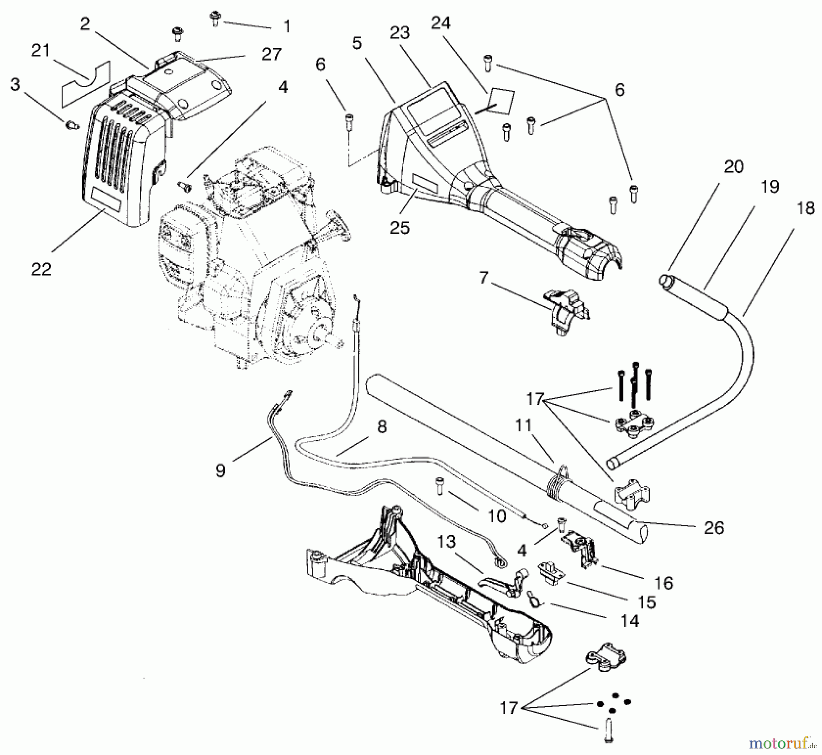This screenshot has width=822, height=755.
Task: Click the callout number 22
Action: pos(41,269)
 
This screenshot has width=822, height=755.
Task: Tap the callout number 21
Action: pos(40,50)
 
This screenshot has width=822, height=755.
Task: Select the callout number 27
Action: pos(271,54)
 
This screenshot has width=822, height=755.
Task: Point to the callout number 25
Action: pos(400,227)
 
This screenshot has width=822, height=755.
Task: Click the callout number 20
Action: pos(733,167)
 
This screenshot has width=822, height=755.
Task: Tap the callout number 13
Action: pos(446,542)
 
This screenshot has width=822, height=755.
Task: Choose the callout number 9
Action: pos(221,470)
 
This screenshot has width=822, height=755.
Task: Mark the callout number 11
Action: pos(523,425)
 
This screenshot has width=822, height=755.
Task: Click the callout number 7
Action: pos(484,277)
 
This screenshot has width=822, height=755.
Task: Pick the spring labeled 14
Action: pos(532,598)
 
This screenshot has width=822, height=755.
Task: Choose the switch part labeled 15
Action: pos(548,571)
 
